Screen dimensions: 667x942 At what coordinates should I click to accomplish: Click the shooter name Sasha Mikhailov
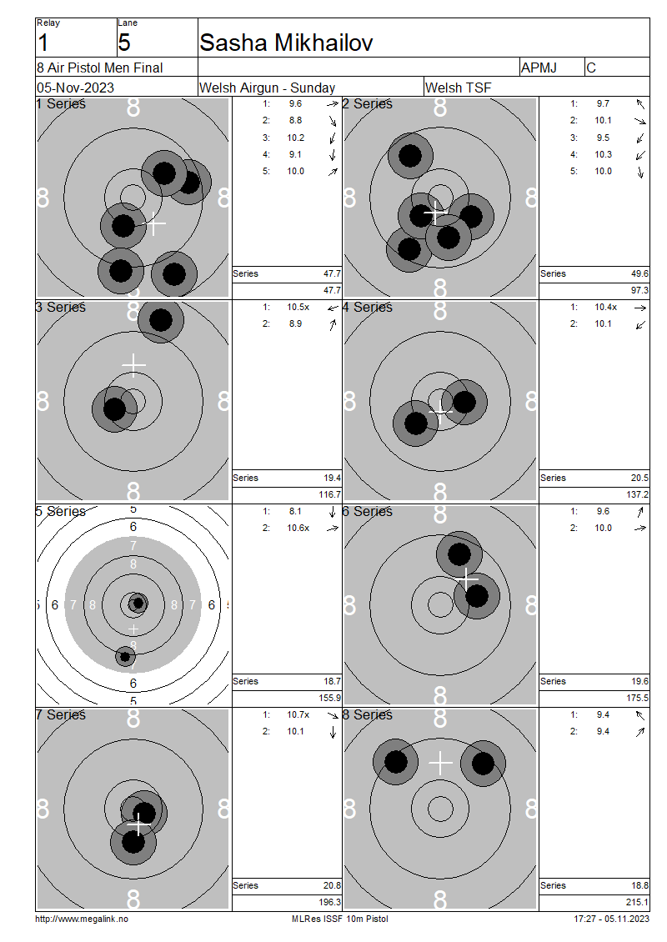(x=286, y=43)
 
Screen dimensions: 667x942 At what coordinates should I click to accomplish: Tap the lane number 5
(x=124, y=43)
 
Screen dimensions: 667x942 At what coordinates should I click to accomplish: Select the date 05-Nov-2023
(x=75, y=88)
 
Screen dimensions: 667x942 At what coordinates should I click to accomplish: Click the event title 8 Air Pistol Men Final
(x=100, y=68)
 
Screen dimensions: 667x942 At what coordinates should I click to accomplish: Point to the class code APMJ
(x=539, y=68)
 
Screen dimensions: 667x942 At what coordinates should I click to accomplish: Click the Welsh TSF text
(x=458, y=88)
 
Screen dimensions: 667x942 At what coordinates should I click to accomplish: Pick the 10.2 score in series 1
(x=296, y=138)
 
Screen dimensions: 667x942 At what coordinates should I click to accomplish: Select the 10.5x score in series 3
(x=298, y=307)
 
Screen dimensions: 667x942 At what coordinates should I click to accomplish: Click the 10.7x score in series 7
(x=298, y=714)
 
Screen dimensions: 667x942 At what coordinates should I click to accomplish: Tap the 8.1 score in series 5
(x=295, y=511)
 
